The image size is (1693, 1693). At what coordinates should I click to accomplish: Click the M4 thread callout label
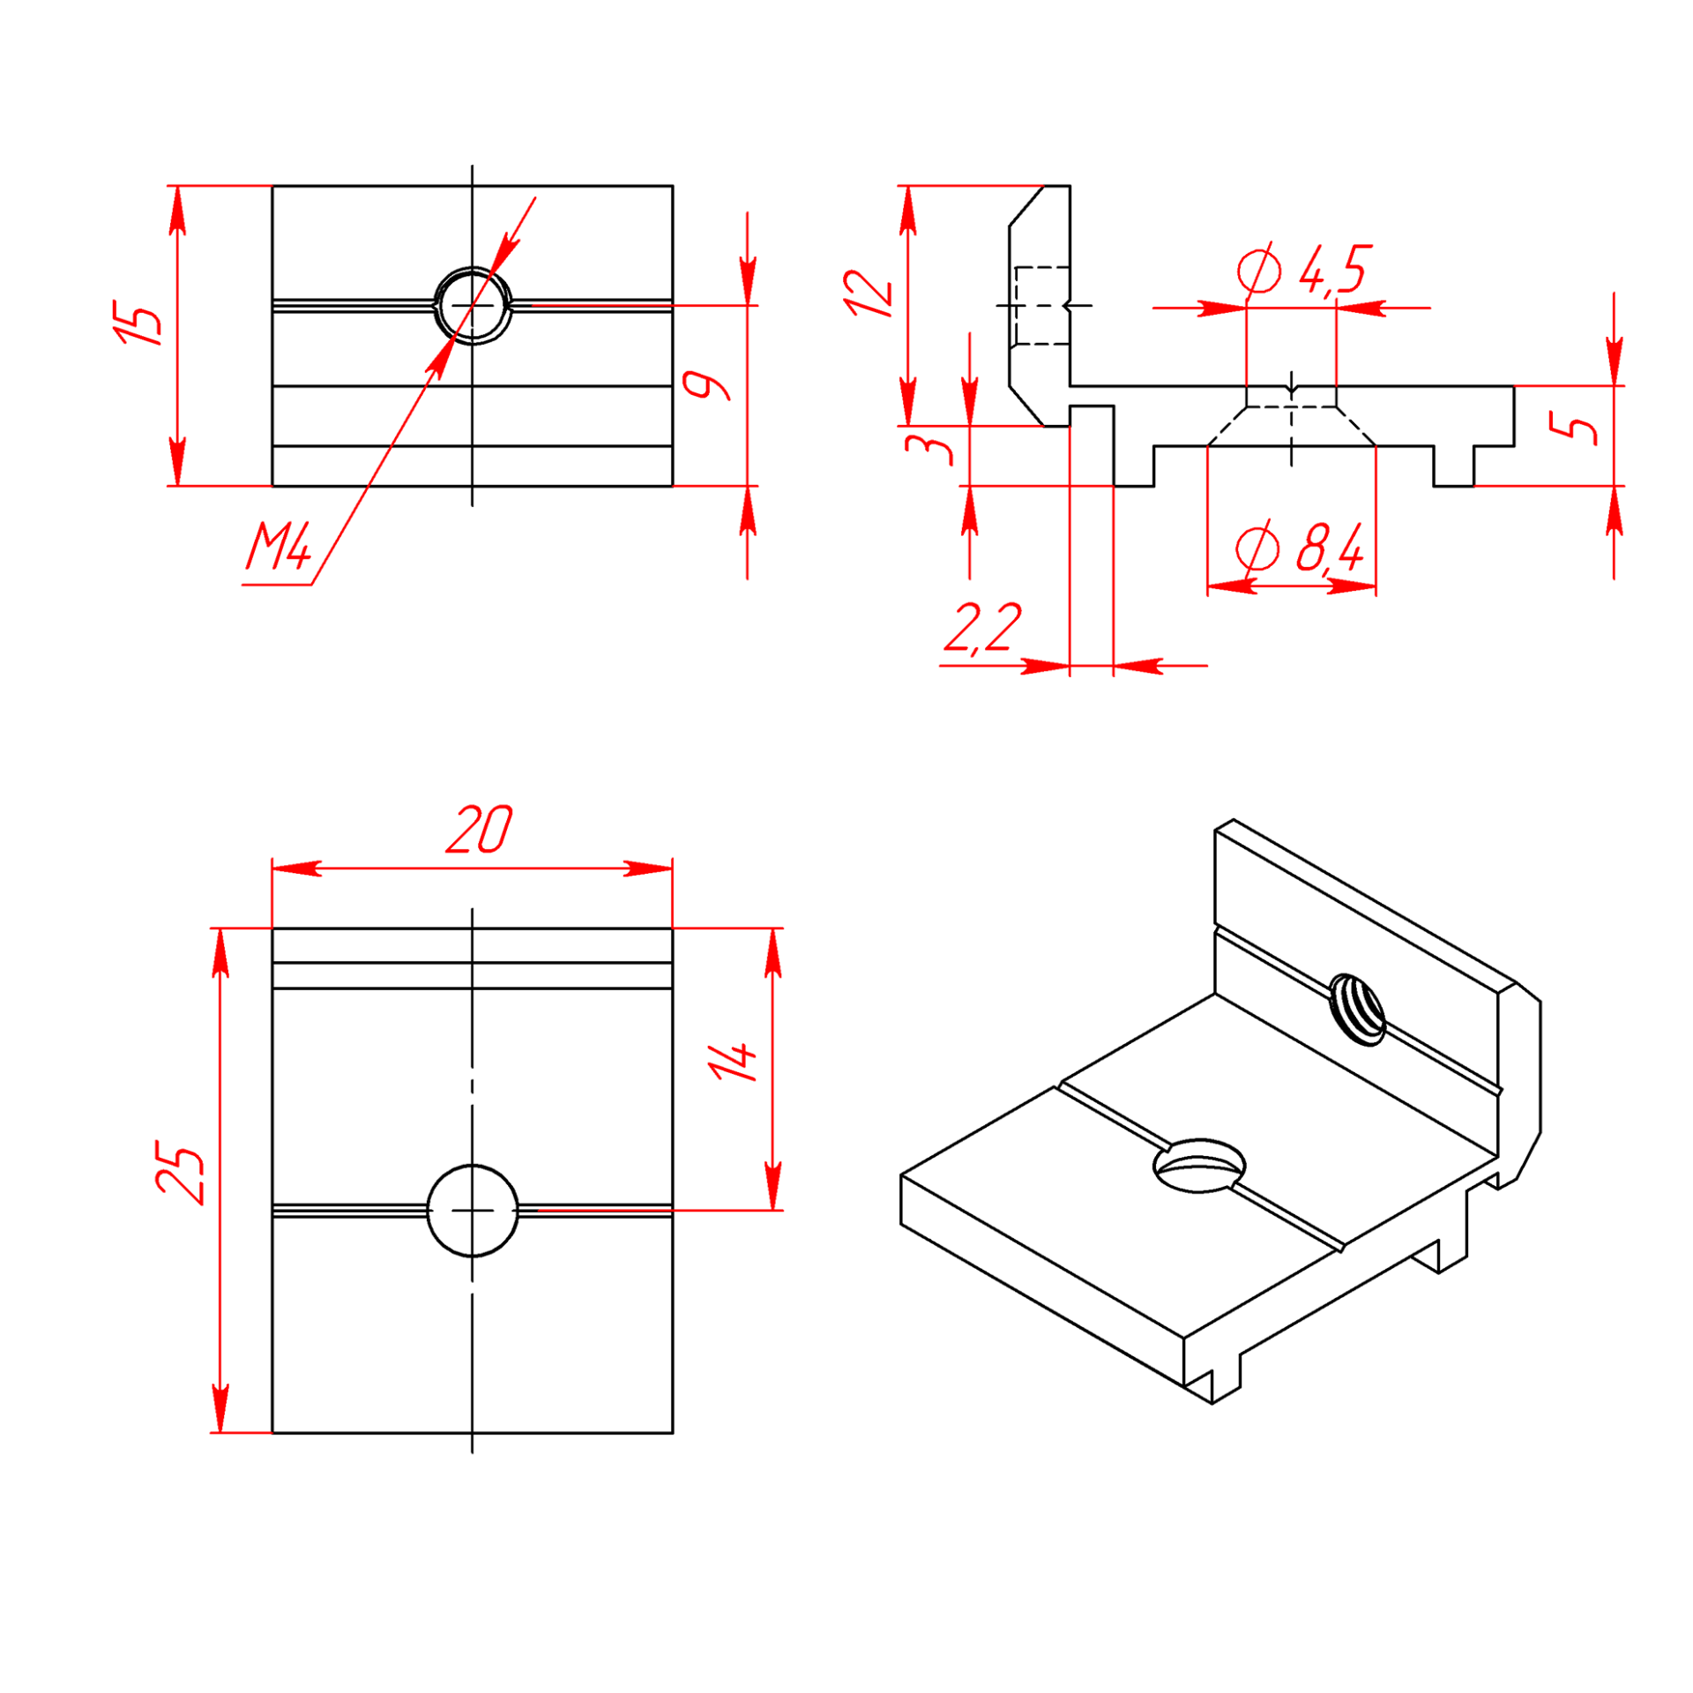279,546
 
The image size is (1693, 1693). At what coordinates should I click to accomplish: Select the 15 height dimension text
138,323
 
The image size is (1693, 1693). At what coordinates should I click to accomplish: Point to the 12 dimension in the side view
868,294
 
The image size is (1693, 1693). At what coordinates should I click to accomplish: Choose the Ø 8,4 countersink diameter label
1300,548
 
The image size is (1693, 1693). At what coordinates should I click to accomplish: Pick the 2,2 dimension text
982,629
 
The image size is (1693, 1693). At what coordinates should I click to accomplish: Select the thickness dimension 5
1573,429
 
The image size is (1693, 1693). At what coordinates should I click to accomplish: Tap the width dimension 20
479,828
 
